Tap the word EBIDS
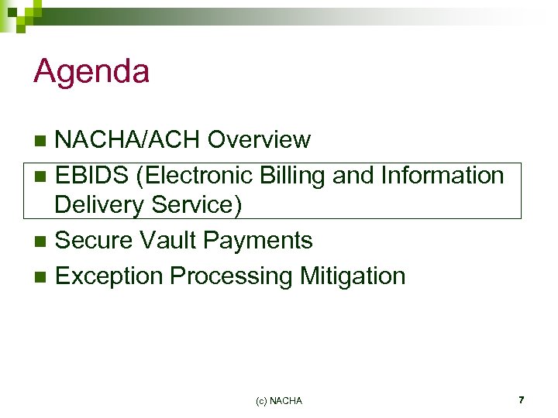tap(92, 176)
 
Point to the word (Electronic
tap(194, 176)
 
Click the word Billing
tap(292, 176)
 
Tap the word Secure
tap(95, 241)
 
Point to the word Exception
tap(109, 276)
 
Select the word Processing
tap(229, 276)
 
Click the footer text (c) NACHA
tap(278, 401)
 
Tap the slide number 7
tap(521, 400)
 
